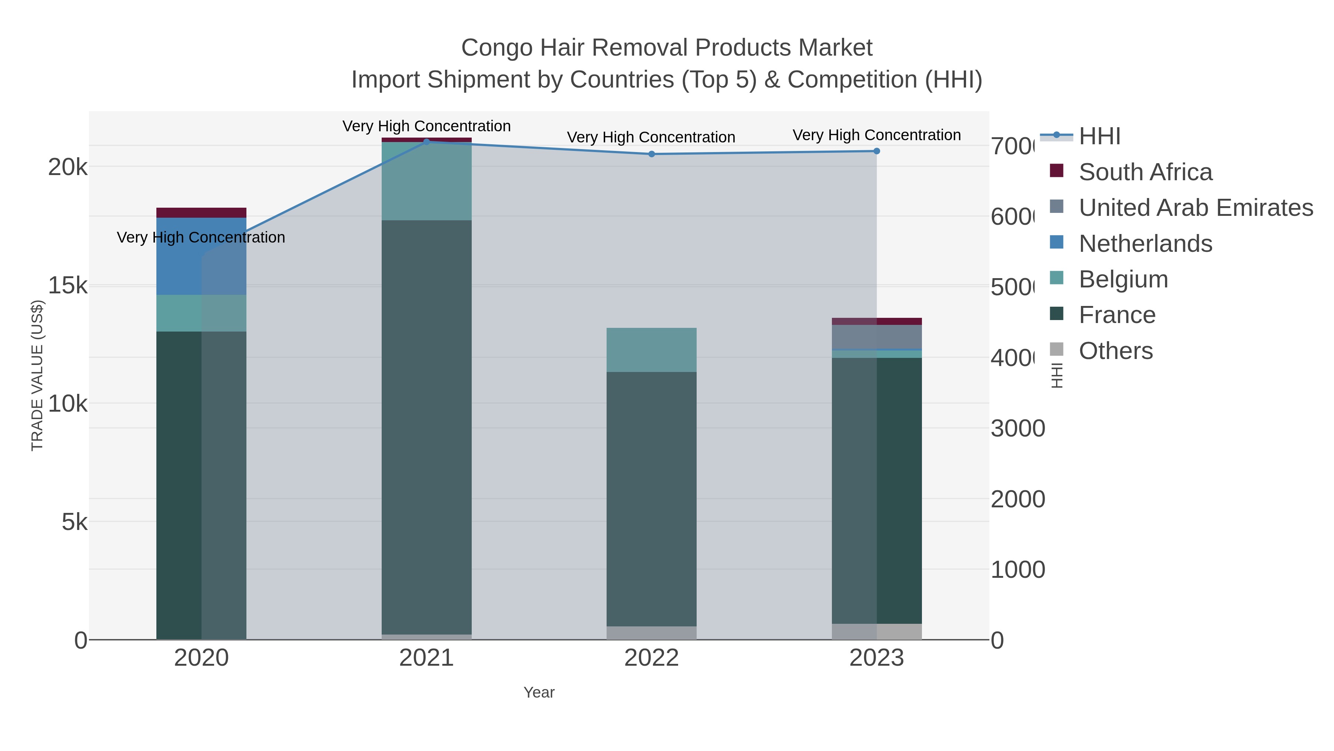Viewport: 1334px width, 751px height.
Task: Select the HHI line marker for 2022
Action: [651, 154]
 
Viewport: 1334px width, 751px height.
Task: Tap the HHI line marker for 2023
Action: [876, 151]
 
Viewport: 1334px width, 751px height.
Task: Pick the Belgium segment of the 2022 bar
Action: [651, 350]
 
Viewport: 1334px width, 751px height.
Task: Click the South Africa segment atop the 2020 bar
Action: [201, 213]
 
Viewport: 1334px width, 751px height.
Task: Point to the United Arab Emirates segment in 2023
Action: [876, 337]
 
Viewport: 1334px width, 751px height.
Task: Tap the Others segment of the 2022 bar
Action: [651, 633]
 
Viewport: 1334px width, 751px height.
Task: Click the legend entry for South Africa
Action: [1145, 172]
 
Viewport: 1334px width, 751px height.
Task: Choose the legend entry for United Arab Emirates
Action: [1195, 208]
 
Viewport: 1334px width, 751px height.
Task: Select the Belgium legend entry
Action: [1123, 279]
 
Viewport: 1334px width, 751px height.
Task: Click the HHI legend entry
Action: [1099, 136]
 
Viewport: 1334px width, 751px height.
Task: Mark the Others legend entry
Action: [1115, 351]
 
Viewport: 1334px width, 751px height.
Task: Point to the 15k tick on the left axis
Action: [67, 286]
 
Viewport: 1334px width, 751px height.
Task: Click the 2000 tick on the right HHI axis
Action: [1018, 499]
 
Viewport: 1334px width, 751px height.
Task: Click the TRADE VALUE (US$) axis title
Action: [37, 375]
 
